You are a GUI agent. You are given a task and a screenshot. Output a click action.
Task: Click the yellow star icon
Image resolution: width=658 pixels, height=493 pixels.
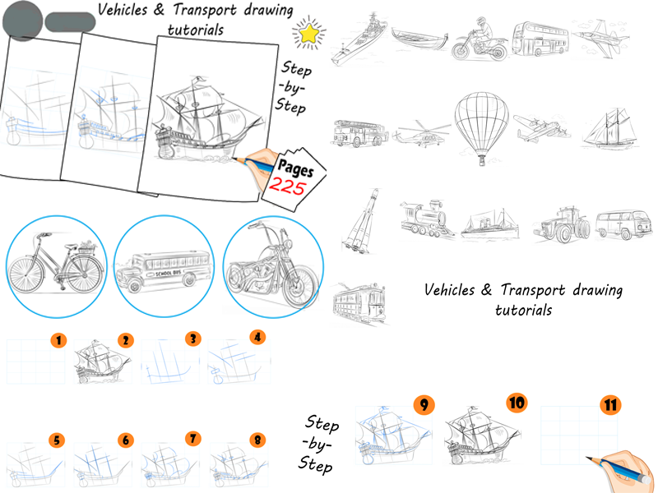[309, 32]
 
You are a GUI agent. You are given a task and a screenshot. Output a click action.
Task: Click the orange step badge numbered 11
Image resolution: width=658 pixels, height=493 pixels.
[610, 405]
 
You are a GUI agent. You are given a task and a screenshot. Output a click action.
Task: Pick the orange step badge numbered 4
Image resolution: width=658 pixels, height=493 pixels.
[258, 337]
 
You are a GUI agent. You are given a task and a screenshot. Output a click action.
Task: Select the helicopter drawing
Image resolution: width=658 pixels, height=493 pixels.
[421, 134]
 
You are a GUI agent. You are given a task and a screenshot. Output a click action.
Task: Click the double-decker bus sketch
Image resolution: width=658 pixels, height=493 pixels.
[539, 39]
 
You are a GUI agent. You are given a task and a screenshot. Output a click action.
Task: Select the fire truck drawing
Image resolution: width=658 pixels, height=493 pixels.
[359, 132]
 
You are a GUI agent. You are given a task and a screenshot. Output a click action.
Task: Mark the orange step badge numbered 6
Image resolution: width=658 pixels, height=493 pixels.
[125, 440]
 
